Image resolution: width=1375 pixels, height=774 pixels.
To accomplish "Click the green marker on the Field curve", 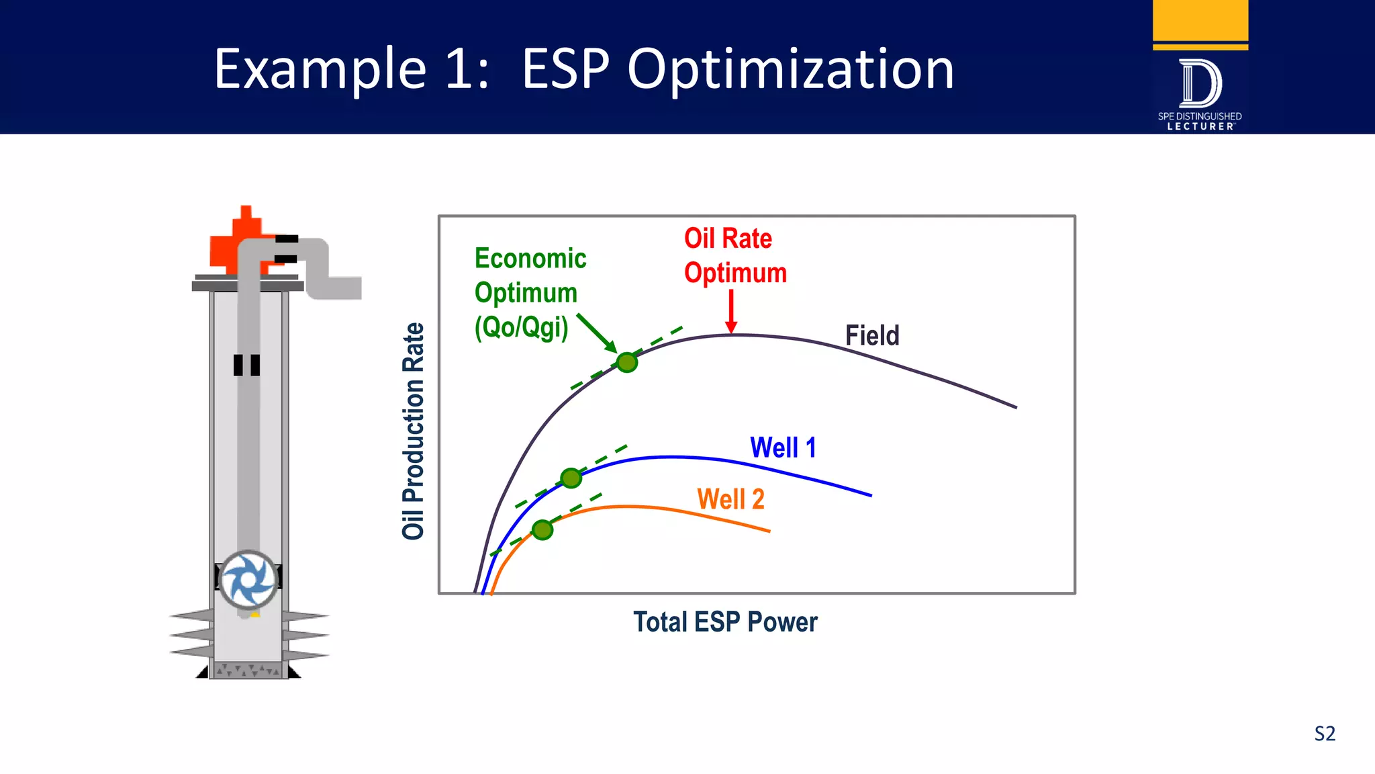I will pyautogui.click(x=626, y=362).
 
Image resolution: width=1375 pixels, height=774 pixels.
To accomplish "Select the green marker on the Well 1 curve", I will pyautogui.click(x=571, y=478).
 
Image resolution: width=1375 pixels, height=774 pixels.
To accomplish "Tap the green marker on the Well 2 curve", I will pyautogui.click(x=542, y=529).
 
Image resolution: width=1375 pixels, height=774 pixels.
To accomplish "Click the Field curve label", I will pyautogui.click(x=871, y=335).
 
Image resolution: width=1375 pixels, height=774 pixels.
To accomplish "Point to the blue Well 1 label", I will pyautogui.click(x=783, y=447).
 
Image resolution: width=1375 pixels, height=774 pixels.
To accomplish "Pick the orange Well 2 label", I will pyautogui.click(x=730, y=499).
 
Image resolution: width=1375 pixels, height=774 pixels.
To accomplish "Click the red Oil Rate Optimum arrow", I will pyautogui.click(x=731, y=312).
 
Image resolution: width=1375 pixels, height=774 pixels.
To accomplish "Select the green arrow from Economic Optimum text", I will pyautogui.click(x=596, y=333).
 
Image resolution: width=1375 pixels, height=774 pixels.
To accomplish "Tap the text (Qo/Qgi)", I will pyautogui.click(x=521, y=327).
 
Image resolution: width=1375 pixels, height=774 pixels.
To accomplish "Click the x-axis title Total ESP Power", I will pyautogui.click(x=725, y=622).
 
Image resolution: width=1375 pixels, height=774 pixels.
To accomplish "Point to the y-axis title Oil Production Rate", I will pyautogui.click(x=414, y=431).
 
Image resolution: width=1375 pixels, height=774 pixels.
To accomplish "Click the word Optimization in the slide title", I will pyautogui.click(x=790, y=69).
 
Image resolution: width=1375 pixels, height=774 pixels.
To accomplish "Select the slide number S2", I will pyautogui.click(x=1325, y=733).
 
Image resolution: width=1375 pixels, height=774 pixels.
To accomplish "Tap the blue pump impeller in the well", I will pyautogui.click(x=248, y=579).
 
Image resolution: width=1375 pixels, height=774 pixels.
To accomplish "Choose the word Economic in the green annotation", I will pyautogui.click(x=530, y=259).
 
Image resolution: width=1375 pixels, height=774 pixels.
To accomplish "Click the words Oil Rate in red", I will pyautogui.click(x=728, y=239).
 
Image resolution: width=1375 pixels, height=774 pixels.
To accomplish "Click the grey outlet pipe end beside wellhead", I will pyautogui.click(x=349, y=288).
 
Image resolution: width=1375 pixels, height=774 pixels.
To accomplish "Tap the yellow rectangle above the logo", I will pyautogui.click(x=1200, y=20).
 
